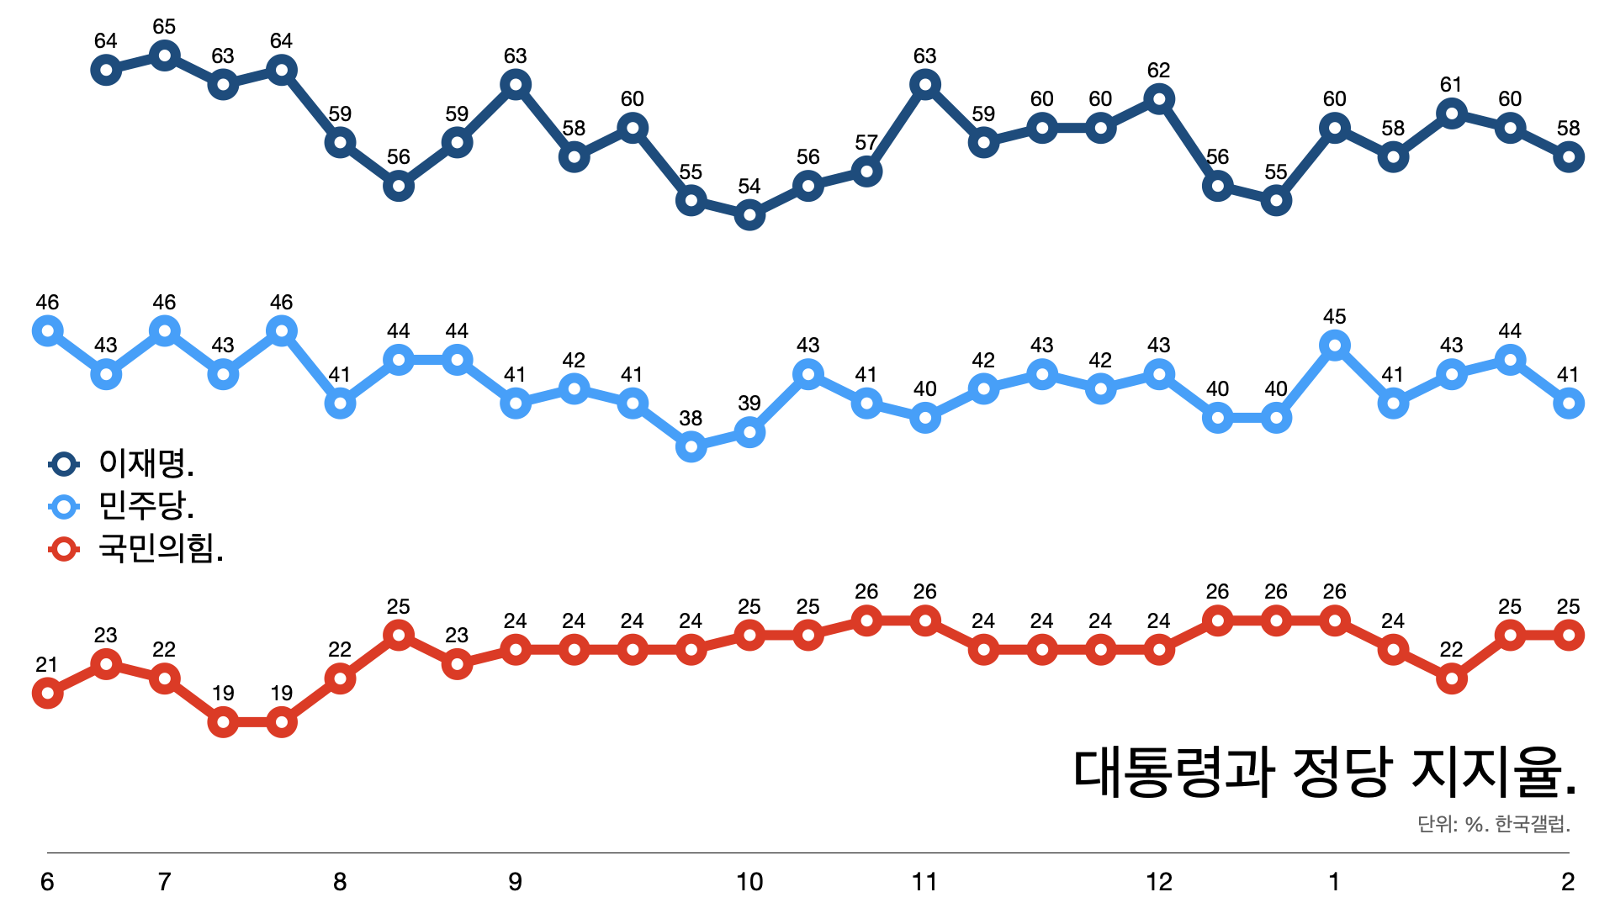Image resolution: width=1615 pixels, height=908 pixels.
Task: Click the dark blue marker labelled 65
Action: pos(164,55)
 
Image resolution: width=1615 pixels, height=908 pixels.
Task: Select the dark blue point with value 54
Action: pos(749,215)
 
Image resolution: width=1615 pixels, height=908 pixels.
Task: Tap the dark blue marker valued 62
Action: pos(1159,99)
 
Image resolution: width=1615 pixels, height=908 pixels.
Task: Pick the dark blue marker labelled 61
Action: pos(1452,113)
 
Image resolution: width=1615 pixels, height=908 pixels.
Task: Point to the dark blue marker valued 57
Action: pos(866,172)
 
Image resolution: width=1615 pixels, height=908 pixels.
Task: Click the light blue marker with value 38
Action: pos(691,446)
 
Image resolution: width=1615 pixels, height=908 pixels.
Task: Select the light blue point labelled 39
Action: pos(749,432)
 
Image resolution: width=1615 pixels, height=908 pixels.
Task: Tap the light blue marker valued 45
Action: pos(1335,346)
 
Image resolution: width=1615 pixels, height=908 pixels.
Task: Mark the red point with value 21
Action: pos(47,693)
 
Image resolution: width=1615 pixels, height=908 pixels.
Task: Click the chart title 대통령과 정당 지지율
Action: pos(1325,772)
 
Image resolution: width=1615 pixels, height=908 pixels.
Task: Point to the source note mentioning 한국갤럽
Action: pos(1494,824)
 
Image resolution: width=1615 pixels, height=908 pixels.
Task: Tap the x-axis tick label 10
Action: pos(749,882)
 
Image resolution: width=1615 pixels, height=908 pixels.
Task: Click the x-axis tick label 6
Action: pos(47,882)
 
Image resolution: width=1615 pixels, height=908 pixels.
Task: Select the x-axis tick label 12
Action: pos(1159,882)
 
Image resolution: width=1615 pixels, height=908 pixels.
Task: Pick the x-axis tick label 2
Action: pos(1568,882)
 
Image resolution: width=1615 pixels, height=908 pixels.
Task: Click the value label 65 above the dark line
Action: pos(164,27)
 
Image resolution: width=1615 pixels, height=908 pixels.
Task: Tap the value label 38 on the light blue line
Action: pos(691,418)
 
